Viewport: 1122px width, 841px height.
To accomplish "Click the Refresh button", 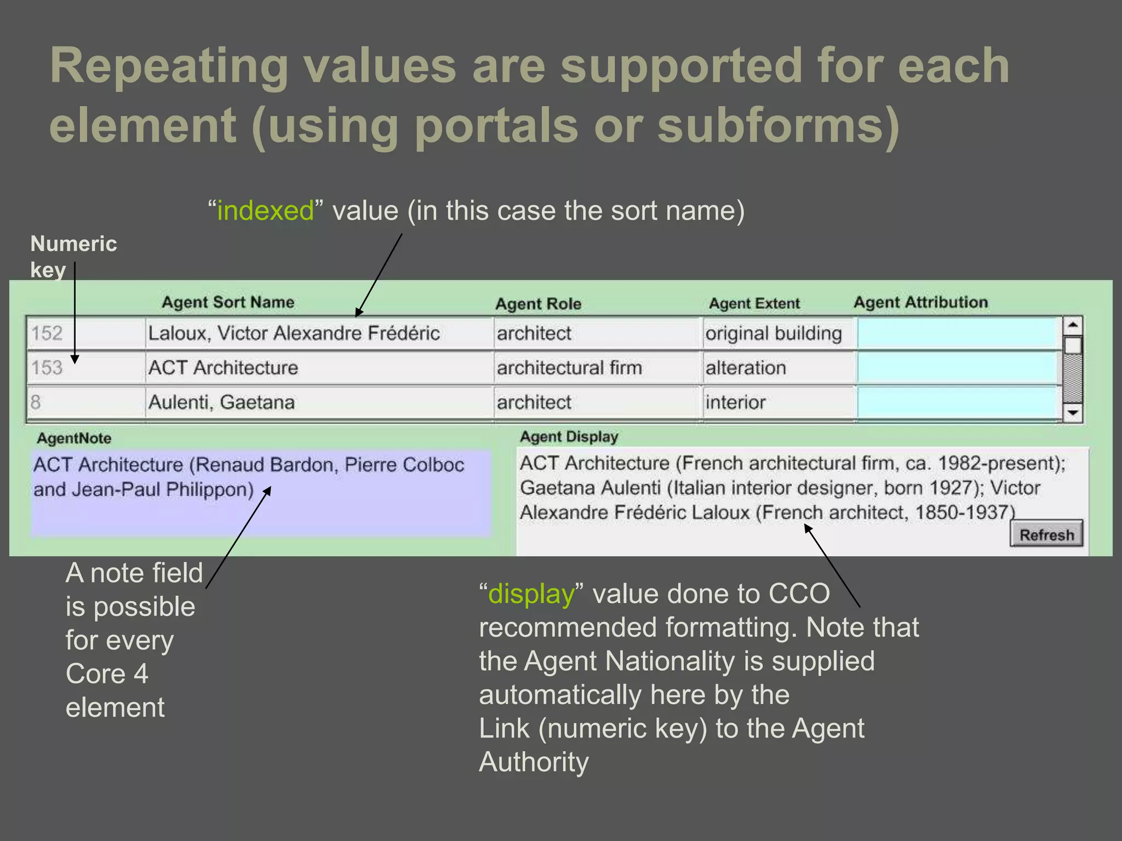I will tap(1046, 534).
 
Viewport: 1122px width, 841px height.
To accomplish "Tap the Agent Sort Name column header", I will tap(228, 302).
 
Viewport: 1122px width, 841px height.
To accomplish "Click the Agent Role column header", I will tap(538, 304).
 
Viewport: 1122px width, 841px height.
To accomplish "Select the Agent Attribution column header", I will tap(920, 302).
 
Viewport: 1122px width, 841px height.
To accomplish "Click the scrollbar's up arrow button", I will tap(1073, 325).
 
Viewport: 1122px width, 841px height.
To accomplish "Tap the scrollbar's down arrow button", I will tap(1073, 412).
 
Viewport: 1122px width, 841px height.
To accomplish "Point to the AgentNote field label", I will tap(74, 438).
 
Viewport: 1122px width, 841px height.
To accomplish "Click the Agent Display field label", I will tap(569, 437).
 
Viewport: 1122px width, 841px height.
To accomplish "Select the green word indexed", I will tap(266, 211).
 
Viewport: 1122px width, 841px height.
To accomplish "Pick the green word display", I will tap(531, 594).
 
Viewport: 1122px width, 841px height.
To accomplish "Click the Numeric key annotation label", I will tap(73, 256).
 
